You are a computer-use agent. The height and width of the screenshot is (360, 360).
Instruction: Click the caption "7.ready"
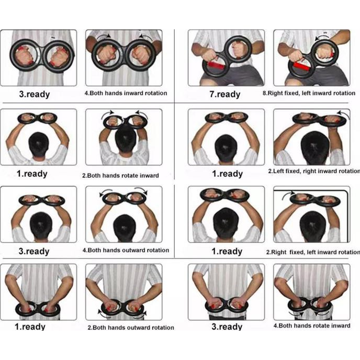tap(225, 94)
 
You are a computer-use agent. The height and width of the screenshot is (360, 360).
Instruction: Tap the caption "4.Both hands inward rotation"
tap(126, 93)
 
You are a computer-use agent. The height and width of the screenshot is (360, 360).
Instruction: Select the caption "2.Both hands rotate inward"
tap(120, 176)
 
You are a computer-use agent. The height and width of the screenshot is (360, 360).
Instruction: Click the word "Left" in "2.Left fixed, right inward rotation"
tap(277, 171)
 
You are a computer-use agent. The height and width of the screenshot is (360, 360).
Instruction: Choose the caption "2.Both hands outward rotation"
tap(131, 328)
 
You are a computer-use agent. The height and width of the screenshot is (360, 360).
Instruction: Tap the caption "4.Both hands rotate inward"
tap(312, 326)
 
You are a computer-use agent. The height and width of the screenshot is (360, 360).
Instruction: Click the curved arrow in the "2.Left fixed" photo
tap(343, 114)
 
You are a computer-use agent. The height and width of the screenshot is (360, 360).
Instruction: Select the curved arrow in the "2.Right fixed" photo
tap(288, 196)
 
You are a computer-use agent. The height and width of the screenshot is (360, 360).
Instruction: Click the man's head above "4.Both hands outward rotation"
tap(124, 228)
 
